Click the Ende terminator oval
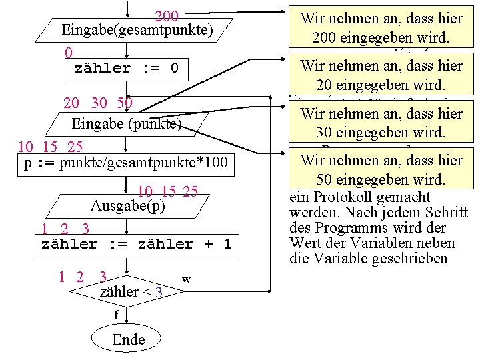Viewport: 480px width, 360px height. (x=129, y=339)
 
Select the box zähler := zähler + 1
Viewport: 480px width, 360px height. (x=136, y=244)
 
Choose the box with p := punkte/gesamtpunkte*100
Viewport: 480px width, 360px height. (x=126, y=163)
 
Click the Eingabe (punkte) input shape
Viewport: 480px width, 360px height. (x=126, y=124)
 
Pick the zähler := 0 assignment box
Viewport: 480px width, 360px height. (x=127, y=69)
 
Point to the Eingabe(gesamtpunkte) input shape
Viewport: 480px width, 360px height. (x=137, y=30)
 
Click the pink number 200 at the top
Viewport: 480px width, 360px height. (x=166, y=17)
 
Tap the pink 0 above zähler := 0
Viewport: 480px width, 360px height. (x=69, y=53)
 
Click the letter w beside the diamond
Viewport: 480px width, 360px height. (x=187, y=279)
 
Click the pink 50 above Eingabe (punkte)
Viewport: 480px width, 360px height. (x=124, y=103)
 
